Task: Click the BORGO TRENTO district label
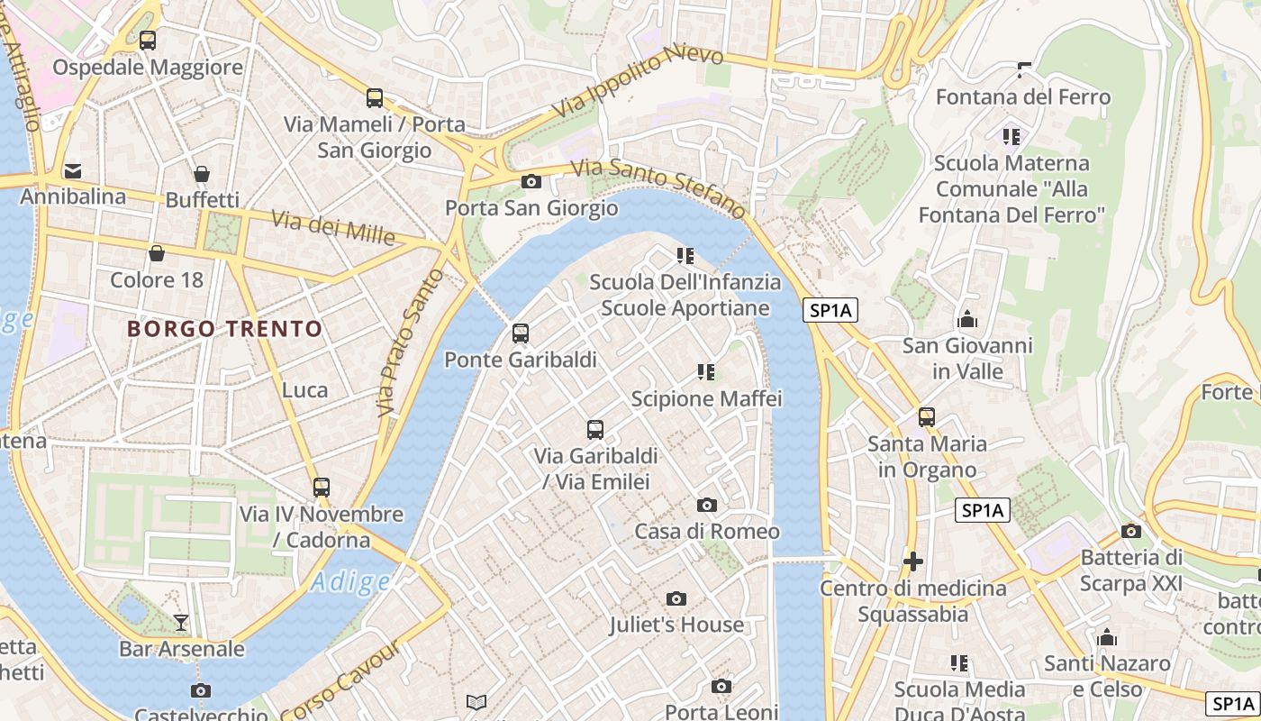coord(224,329)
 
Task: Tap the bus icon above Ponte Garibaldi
coord(521,333)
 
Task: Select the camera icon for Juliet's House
coord(676,598)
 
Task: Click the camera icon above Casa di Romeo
coord(707,505)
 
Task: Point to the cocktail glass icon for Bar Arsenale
coord(181,622)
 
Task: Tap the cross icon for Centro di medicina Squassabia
coord(912,561)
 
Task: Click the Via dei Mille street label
coord(333,227)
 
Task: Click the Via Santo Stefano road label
coord(658,187)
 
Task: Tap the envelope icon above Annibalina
coord(73,170)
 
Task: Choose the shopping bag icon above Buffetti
coord(202,173)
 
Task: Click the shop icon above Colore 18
coord(157,253)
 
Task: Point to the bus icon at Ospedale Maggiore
coord(148,41)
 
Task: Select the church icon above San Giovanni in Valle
coord(967,319)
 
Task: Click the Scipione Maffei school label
coord(706,398)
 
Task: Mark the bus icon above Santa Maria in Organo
coord(927,417)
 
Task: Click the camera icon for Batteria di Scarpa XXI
coord(1131,531)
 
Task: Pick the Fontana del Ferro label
coord(1023,96)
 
